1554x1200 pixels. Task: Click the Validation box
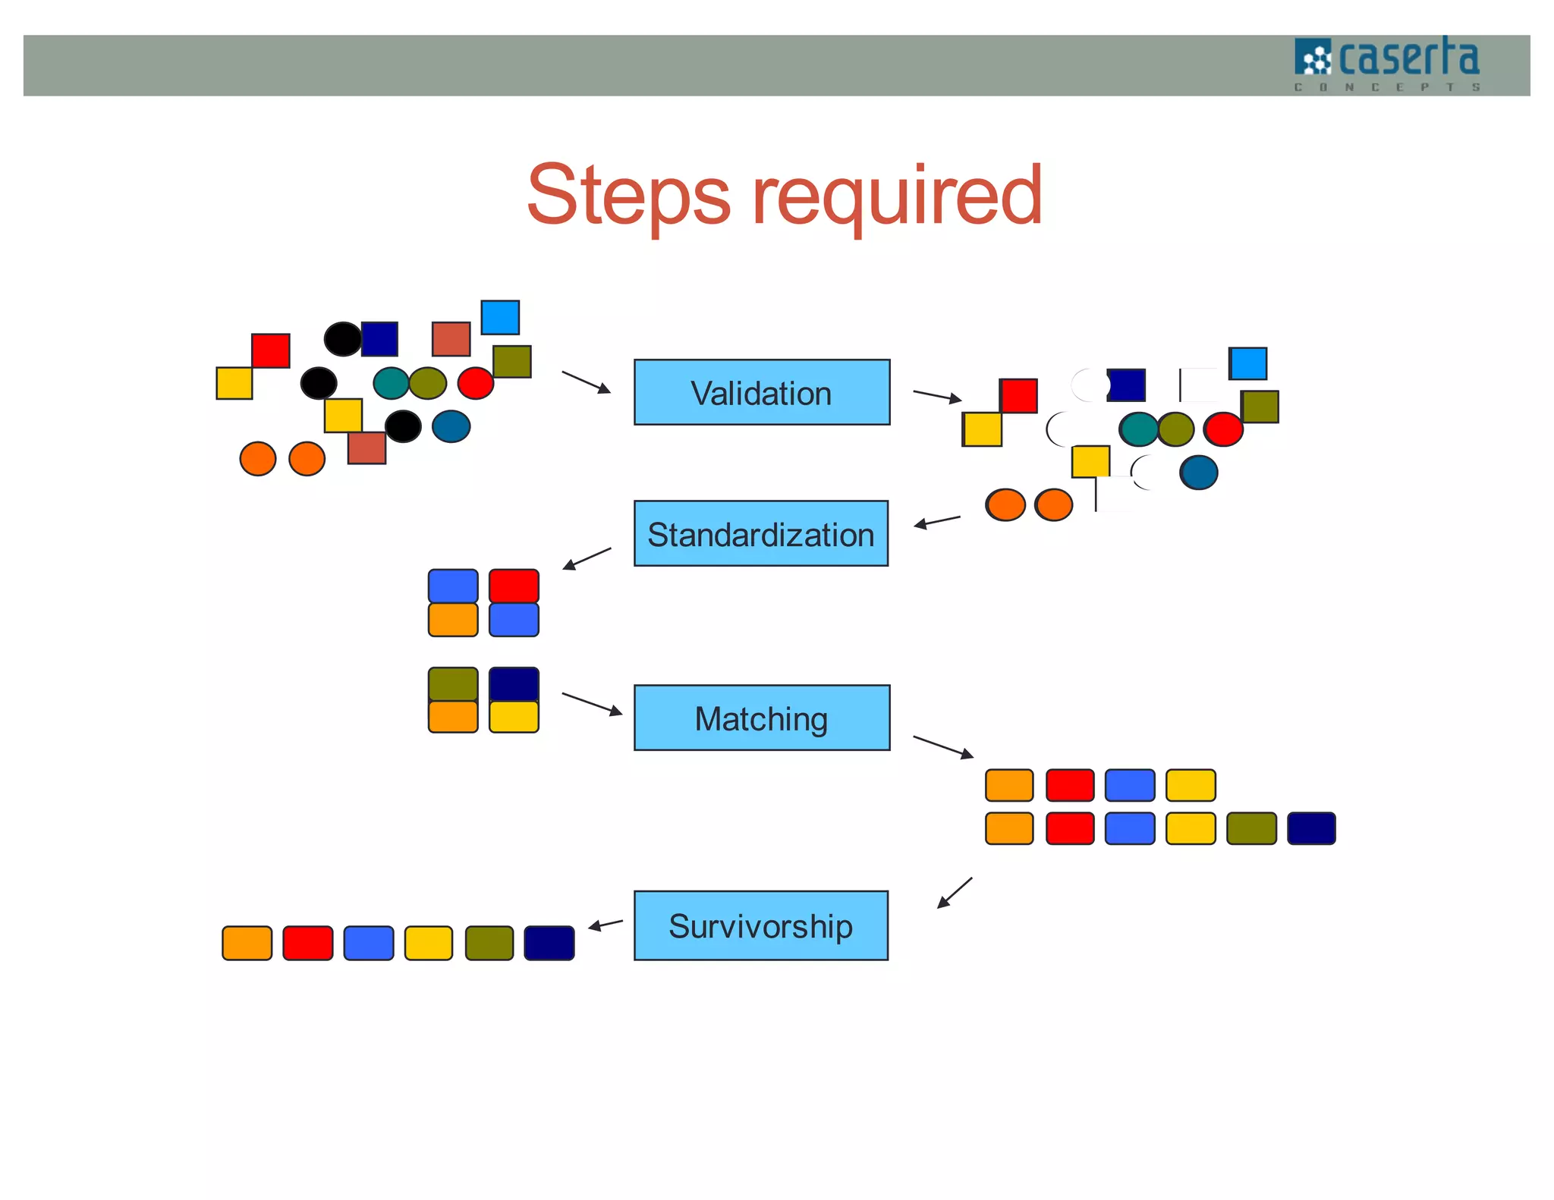761,392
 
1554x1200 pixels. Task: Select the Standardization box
760,533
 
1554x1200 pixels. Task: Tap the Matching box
761,718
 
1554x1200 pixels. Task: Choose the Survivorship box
760,925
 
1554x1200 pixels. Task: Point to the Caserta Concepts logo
1386,64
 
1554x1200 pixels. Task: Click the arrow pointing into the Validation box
586,382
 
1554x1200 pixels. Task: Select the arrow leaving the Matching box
942,746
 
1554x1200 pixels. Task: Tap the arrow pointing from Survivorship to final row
606,925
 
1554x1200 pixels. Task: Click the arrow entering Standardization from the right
937,521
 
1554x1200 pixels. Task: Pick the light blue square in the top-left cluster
500,317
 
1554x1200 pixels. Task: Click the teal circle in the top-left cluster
392,383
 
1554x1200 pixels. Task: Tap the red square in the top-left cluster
271,350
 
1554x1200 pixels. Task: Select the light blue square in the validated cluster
1247,363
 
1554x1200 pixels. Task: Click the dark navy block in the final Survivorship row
549,943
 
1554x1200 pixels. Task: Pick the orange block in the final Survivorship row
247,943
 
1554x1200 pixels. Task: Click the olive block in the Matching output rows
1250,828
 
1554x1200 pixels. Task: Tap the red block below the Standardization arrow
514,586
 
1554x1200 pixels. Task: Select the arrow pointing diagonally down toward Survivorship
954,893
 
